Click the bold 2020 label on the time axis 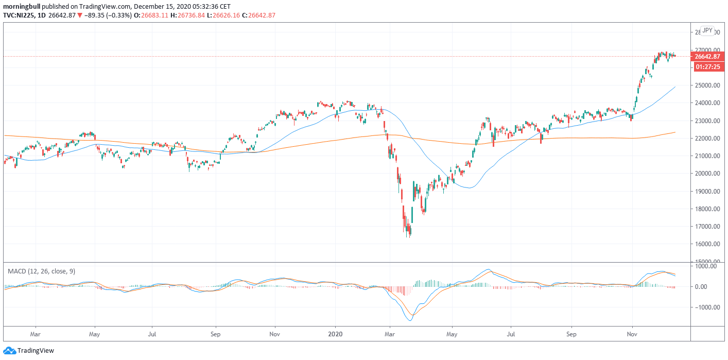[x=335, y=333]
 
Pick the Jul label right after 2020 [x=511, y=333]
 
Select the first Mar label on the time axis [x=36, y=333]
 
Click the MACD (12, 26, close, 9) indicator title [x=41, y=271]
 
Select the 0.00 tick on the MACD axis [x=713, y=287]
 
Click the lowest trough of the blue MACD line [x=410, y=320]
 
